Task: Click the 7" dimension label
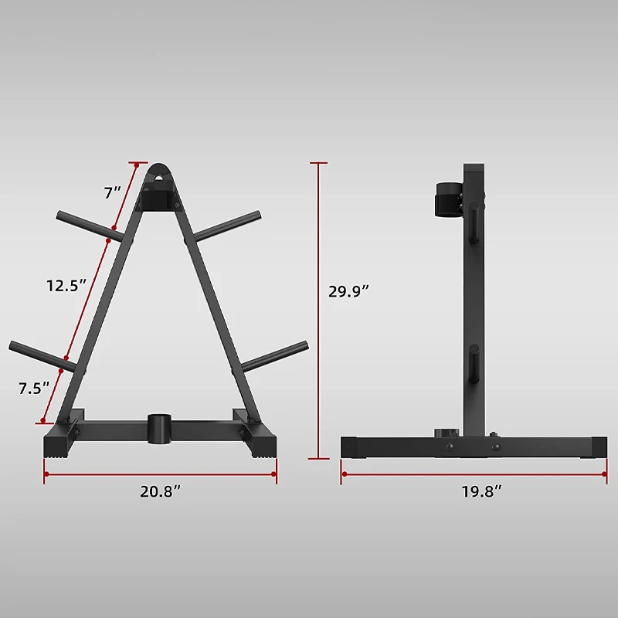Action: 113,193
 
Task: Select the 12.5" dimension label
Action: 65,286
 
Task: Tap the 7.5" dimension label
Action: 34,389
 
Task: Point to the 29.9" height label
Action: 348,291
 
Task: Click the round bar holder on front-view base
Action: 160,430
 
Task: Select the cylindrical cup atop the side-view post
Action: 447,200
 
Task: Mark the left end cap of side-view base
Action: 349,447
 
